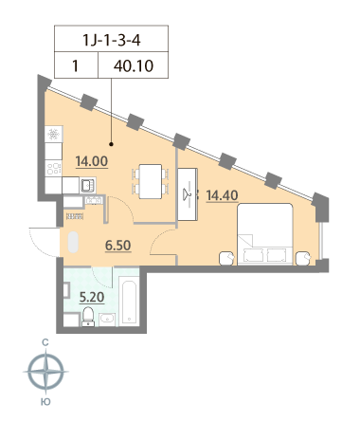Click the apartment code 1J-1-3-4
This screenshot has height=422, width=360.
[x=111, y=40]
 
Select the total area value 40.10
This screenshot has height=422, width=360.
[x=134, y=66]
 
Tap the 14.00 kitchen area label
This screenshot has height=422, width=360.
[x=92, y=161]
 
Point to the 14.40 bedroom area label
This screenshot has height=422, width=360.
[x=222, y=195]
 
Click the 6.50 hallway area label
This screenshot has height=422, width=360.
[x=118, y=246]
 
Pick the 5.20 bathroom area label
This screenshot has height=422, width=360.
[x=92, y=297]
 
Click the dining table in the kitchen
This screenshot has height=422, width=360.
[x=151, y=181]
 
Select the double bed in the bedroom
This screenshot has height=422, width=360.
[x=265, y=234]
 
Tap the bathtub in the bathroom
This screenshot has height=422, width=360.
[x=129, y=301]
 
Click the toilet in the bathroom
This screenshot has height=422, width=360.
[x=88, y=316]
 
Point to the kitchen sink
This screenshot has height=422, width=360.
[x=87, y=185]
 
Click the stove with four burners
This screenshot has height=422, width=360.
[x=53, y=168]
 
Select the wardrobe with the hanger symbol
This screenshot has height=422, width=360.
[x=188, y=194]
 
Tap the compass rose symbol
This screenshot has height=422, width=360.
[x=46, y=372]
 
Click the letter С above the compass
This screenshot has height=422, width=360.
[x=45, y=342]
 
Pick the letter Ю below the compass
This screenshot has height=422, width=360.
[x=45, y=402]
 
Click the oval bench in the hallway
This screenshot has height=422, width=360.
[x=73, y=242]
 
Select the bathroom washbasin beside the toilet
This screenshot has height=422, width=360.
[x=107, y=320]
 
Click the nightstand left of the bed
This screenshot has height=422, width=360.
[x=227, y=258]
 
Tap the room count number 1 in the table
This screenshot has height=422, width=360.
[x=75, y=66]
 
